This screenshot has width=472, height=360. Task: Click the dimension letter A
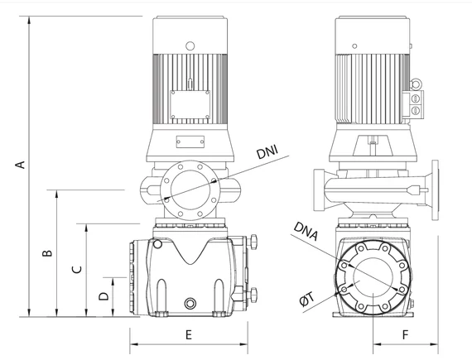21,165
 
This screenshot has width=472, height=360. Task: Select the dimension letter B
47,253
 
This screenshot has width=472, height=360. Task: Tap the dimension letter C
77,269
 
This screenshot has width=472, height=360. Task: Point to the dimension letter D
104,296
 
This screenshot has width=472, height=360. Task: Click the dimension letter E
189,334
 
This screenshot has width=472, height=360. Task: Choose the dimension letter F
406,334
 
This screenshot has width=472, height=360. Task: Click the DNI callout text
267,152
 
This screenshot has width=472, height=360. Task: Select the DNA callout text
306,231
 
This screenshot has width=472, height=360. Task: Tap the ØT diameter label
307,300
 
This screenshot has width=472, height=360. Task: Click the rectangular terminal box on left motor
190,105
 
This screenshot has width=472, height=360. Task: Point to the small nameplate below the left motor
190,142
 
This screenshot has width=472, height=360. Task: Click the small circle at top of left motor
190,46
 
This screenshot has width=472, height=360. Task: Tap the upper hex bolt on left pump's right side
253,242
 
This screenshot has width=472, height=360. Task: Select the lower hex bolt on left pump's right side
253,295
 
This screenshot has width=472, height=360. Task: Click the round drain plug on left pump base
190,303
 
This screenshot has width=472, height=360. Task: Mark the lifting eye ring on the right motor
417,84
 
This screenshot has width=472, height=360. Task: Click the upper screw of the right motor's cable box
416,98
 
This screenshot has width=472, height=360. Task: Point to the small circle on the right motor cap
355,46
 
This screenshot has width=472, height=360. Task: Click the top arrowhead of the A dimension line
29,21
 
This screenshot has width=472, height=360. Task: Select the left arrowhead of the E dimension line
134,343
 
